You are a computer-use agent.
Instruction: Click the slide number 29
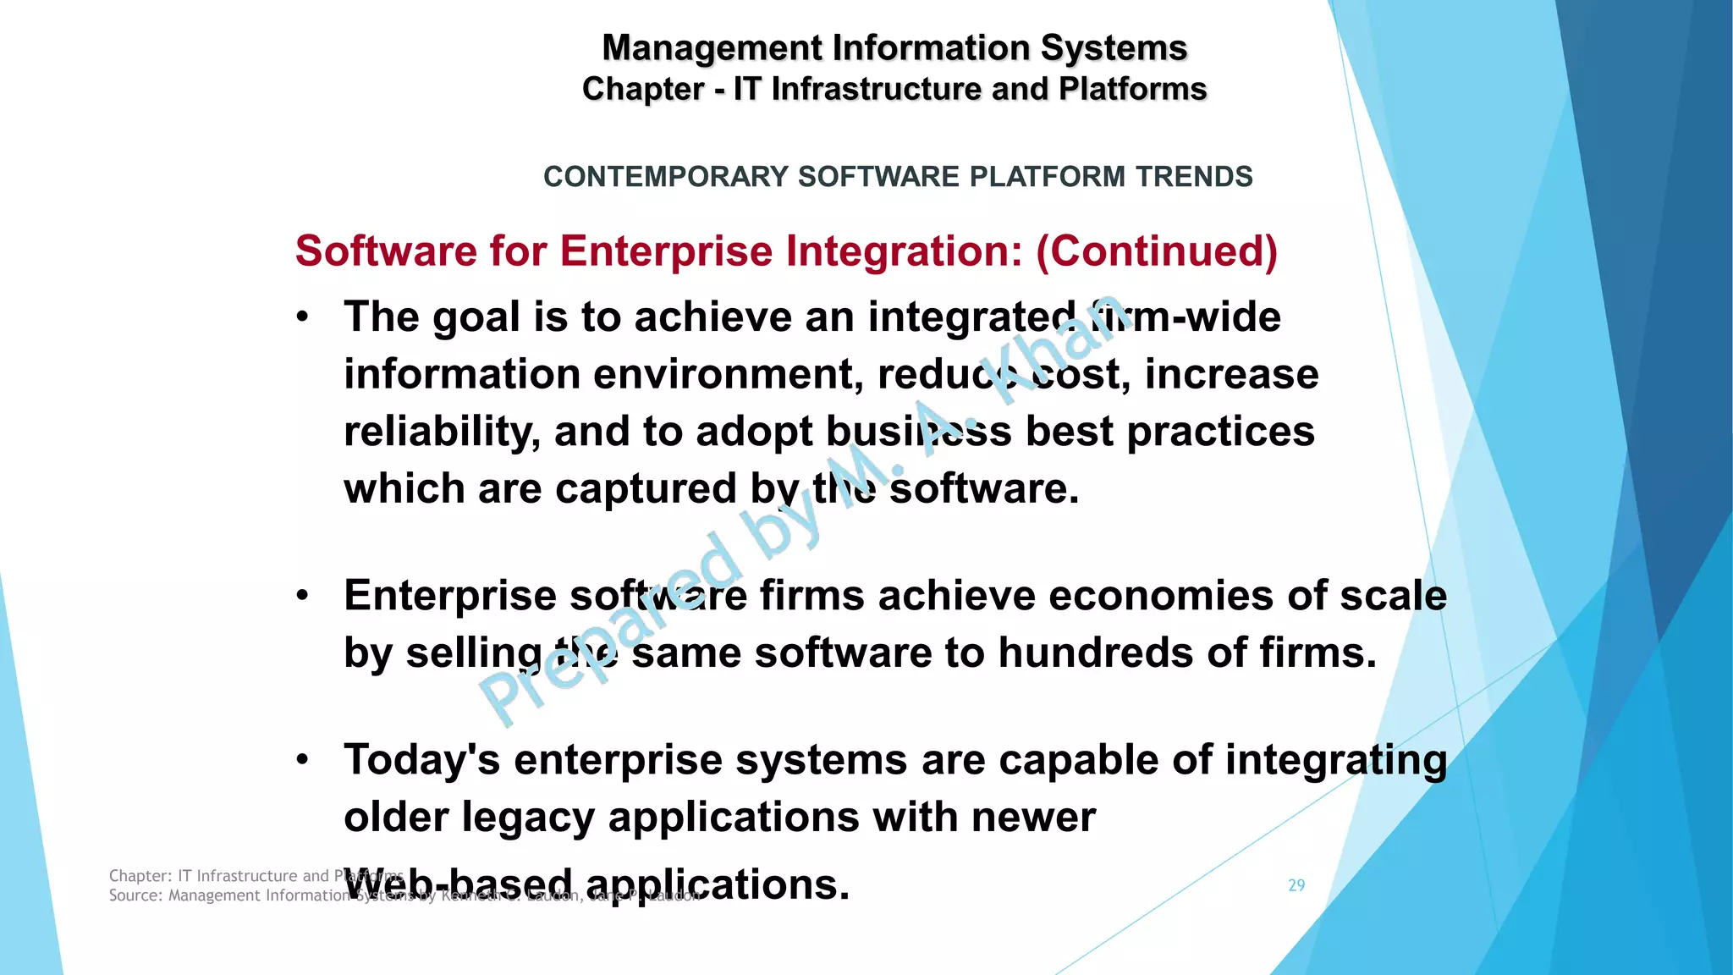tap(1296, 885)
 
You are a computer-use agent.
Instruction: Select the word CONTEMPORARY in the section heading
tap(666, 177)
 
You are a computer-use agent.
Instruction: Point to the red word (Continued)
tap(1157, 251)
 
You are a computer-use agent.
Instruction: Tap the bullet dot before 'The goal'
tap(303, 318)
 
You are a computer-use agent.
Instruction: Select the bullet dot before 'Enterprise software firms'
tap(303, 597)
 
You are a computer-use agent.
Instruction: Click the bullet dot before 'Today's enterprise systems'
tap(303, 761)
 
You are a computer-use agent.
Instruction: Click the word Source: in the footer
tap(136, 895)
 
